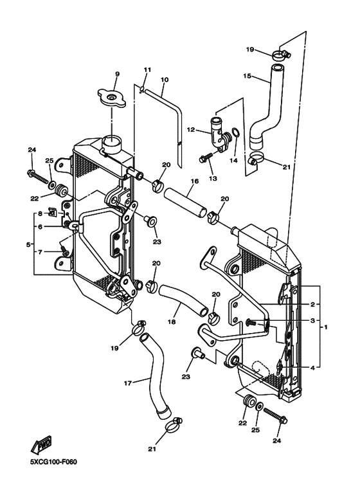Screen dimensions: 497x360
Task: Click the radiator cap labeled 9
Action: click(113, 99)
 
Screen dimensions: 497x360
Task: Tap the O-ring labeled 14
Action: click(237, 134)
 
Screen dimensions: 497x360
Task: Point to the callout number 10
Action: click(165, 80)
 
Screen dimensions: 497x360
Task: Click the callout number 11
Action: click(147, 69)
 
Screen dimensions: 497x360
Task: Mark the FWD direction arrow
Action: click(44, 445)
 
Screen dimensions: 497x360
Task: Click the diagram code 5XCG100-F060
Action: click(48, 462)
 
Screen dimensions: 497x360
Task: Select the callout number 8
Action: click(39, 213)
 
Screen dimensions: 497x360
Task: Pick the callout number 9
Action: click(117, 74)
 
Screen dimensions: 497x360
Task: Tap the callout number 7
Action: click(39, 252)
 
